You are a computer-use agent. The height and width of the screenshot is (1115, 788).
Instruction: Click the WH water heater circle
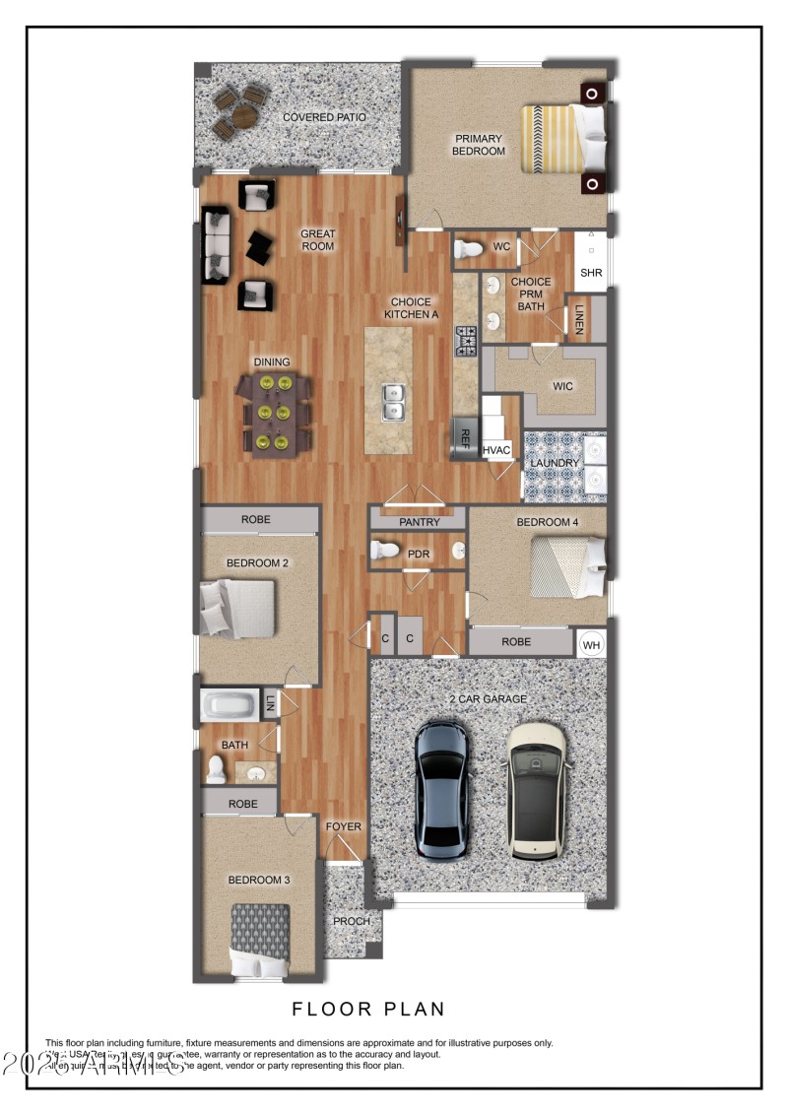pyautogui.click(x=591, y=644)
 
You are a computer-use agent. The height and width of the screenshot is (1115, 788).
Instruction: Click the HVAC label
pyautogui.click(x=497, y=450)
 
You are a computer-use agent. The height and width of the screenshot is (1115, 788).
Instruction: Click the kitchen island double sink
pyautogui.click(x=394, y=402)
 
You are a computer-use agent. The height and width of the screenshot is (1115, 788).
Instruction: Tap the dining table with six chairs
pyautogui.click(x=273, y=414)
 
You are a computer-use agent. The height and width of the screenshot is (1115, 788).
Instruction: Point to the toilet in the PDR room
pyautogui.click(x=384, y=551)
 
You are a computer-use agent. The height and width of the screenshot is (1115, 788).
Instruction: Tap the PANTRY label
pyautogui.click(x=420, y=522)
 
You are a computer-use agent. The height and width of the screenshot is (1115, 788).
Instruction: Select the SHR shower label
pyautogui.click(x=590, y=273)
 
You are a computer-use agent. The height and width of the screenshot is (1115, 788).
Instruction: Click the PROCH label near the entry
pyautogui.click(x=351, y=922)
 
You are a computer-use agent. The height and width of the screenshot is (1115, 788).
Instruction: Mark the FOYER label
pyautogui.click(x=344, y=826)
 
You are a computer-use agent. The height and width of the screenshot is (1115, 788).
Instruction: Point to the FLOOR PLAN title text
pyautogui.click(x=368, y=1009)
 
